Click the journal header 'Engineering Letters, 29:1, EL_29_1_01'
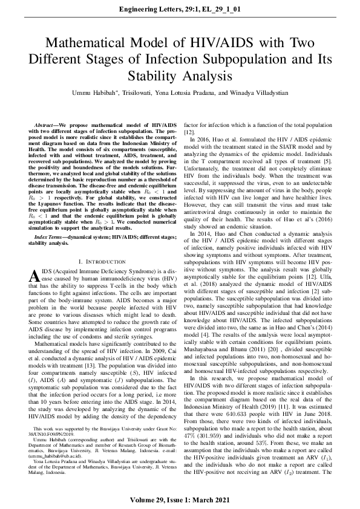coord(180,10)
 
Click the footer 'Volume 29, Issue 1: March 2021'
coord(180,501)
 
